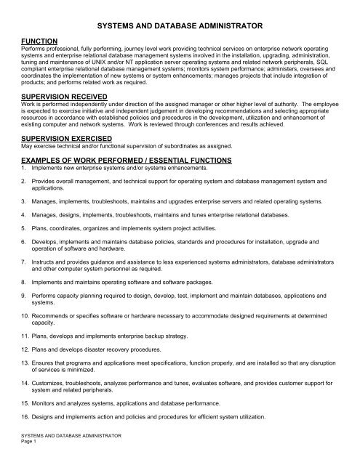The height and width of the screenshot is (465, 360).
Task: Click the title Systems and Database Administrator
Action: coord(180,24)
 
